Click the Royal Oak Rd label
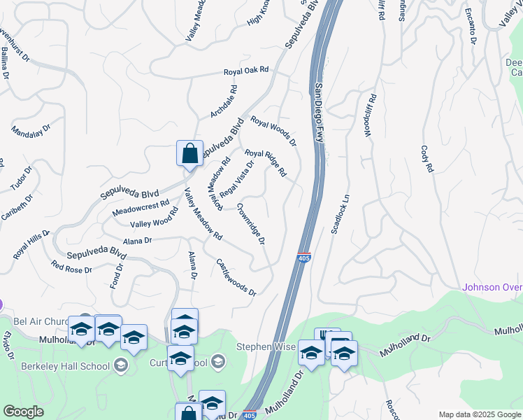tap(246, 71)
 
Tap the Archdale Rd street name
tap(224, 102)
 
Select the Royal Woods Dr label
tap(274, 131)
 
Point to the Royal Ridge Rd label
tap(266, 162)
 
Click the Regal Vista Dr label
tap(236, 178)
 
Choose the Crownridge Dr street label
tap(250, 224)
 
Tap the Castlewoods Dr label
tap(236, 276)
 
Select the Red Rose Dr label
tap(72, 268)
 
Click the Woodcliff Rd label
tap(371, 115)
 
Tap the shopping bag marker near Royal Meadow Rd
tap(190, 154)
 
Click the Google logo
tap(23, 412)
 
